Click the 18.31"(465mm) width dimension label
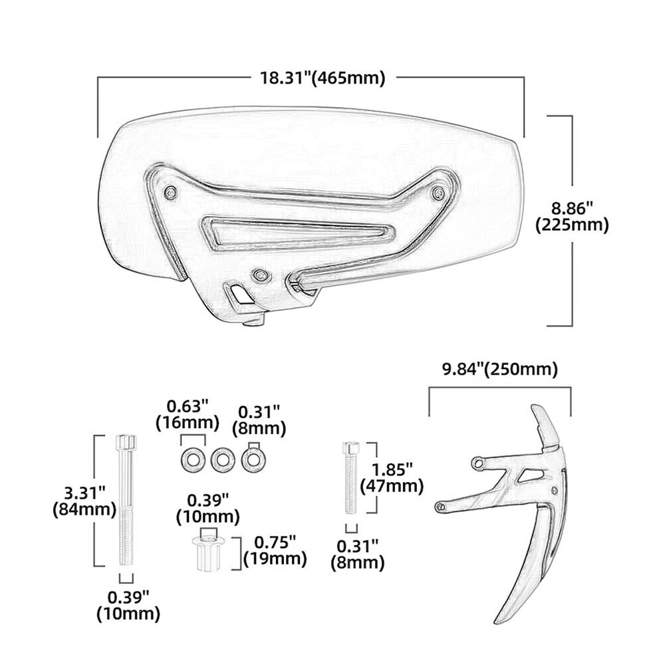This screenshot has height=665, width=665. [x=323, y=78]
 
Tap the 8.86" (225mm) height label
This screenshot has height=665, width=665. [x=572, y=216]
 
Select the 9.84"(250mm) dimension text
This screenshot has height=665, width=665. [x=499, y=369]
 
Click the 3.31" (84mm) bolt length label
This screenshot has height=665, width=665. [x=84, y=501]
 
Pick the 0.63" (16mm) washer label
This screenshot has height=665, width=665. [x=188, y=414]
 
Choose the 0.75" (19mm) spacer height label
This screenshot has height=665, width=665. [x=275, y=551]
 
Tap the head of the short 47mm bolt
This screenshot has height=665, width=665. [x=350, y=448]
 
